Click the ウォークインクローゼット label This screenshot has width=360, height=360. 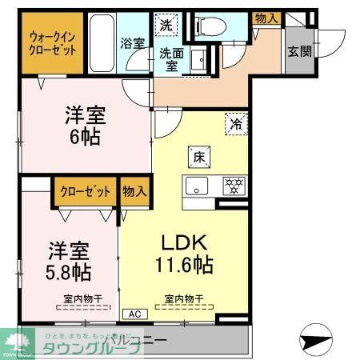(x=54, y=43)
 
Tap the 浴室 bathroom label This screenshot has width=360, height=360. (x=133, y=44)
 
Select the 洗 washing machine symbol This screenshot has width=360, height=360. (x=166, y=24)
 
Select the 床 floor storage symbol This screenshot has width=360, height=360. (x=197, y=156)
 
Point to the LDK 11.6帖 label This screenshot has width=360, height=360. (x=186, y=253)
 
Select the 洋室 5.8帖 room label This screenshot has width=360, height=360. (x=67, y=259)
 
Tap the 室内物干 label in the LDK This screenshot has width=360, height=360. (x=184, y=299)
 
